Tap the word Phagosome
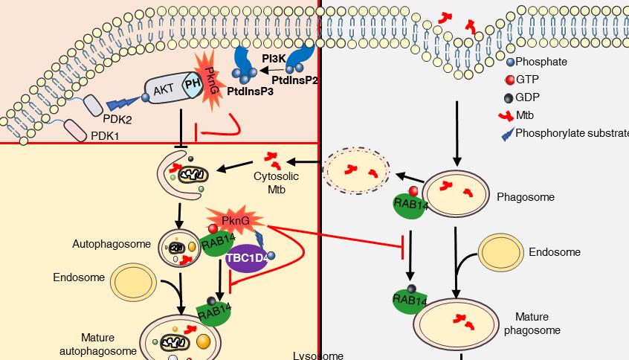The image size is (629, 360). click(x=520, y=197)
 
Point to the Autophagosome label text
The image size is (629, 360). click(x=102, y=243)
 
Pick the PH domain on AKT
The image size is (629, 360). click(x=191, y=89)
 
